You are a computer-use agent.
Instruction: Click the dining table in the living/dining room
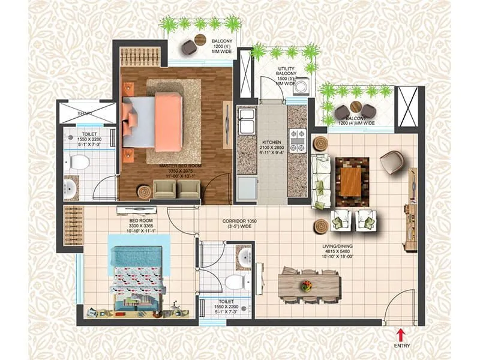[310, 286]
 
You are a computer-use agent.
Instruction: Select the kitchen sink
[246, 122]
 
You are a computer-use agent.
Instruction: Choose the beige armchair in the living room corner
[391, 161]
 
